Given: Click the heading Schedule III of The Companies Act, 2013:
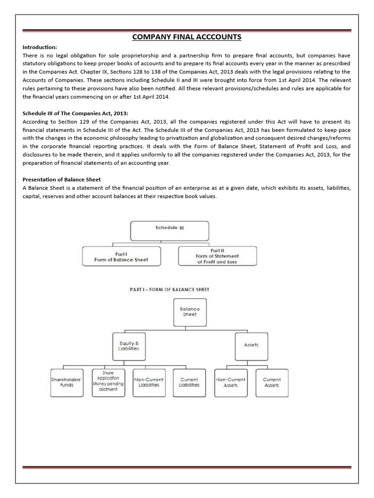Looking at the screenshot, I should (75, 113).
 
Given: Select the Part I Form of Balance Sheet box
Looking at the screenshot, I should (121, 256).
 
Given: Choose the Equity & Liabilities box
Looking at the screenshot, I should (129, 345).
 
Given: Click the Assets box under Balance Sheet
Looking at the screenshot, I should (250, 345).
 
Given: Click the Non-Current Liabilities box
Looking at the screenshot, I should (149, 382).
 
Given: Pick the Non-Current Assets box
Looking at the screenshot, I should (230, 382).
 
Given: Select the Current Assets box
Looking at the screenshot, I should (271, 382).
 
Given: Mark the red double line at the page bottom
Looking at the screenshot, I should (187, 455).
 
